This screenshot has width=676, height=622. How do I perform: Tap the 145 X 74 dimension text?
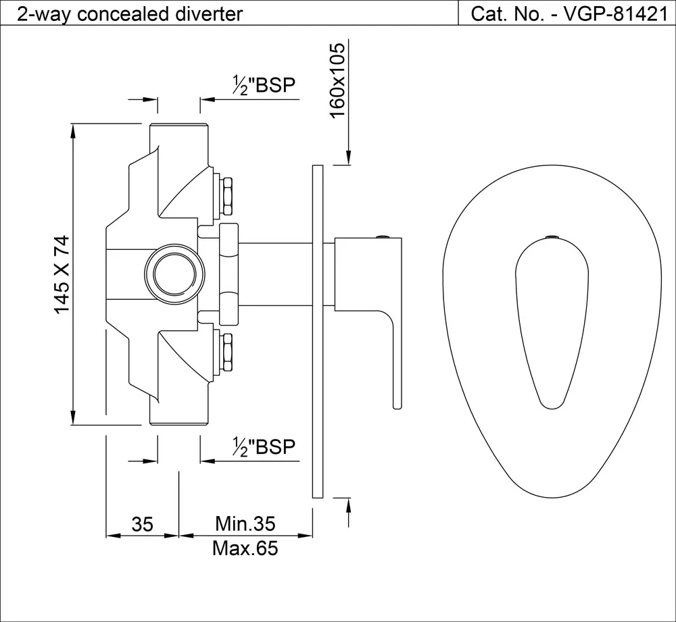tap(62, 274)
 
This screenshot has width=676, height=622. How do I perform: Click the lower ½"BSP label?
tap(264, 446)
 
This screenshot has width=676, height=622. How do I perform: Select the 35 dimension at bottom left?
tap(143, 524)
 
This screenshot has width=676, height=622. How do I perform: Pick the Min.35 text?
tap(245, 523)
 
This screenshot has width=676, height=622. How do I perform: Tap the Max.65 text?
tap(245, 548)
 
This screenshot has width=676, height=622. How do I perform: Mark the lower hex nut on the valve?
tap(226, 351)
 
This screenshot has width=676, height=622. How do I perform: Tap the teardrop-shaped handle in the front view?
tap(551, 324)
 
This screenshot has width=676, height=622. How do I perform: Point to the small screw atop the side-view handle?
tap(383, 236)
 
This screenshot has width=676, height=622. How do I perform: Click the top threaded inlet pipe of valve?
tap(178, 138)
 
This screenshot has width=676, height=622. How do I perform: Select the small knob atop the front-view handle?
tap(552, 237)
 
